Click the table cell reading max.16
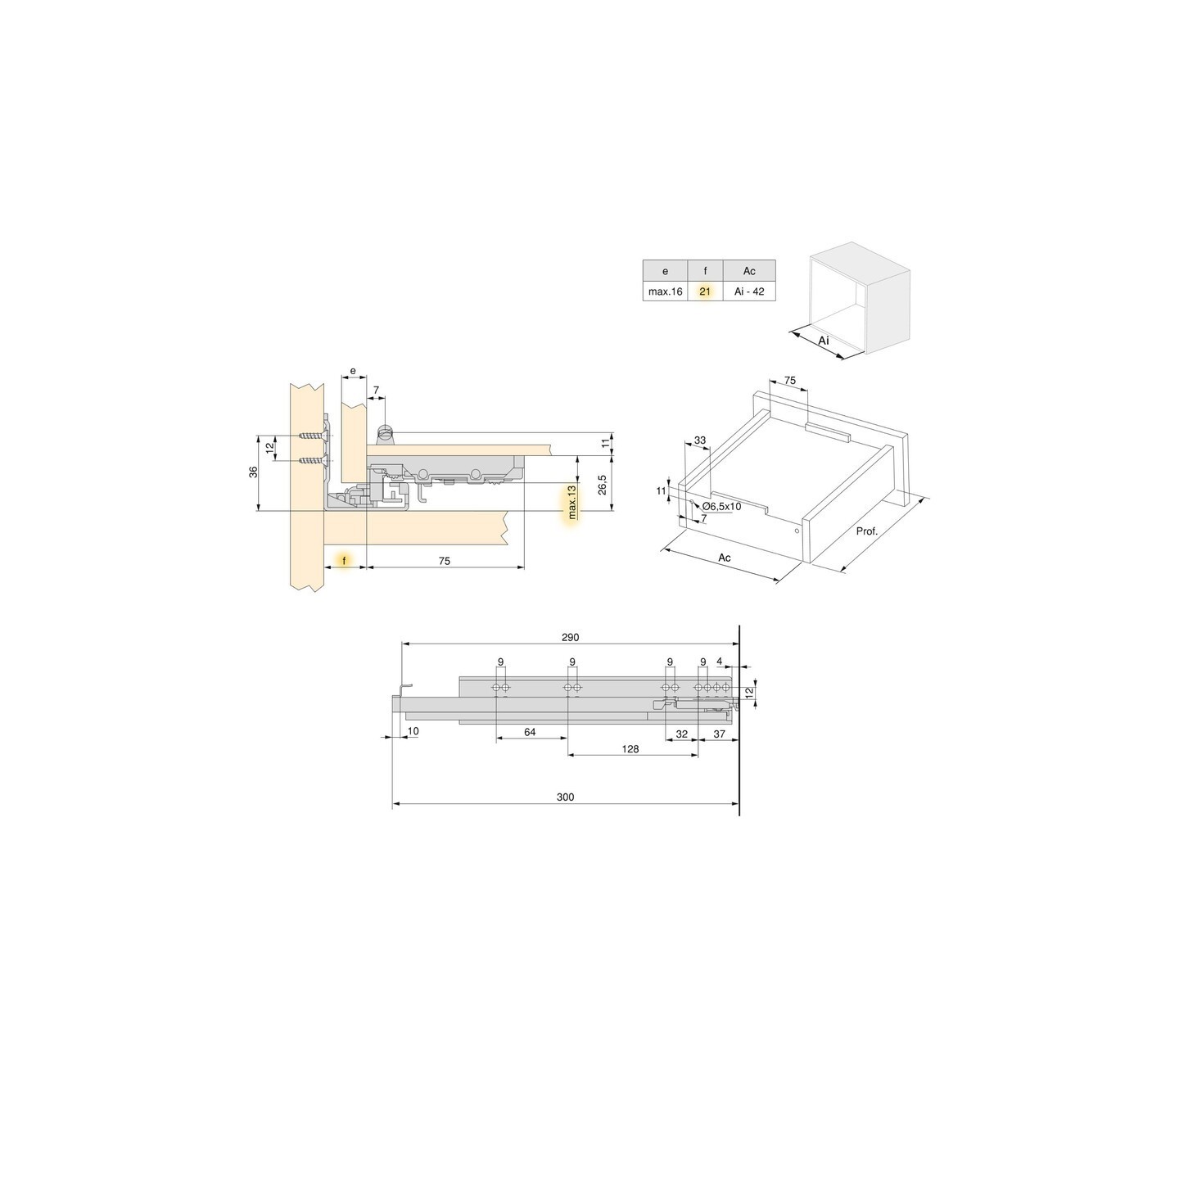point(665,291)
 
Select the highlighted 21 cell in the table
point(705,291)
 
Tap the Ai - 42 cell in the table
point(749,291)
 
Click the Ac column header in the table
point(749,271)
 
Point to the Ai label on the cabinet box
point(824,339)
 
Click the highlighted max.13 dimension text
point(572,502)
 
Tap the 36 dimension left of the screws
point(254,472)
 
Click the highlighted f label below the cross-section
point(345,561)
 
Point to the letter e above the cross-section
point(353,371)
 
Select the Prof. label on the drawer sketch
point(866,531)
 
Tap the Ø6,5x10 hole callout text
point(720,507)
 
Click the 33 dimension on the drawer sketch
point(699,440)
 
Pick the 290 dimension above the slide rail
point(570,637)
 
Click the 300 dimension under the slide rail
point(565,797)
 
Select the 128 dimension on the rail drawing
point(630,748)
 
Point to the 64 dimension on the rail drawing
point(529,732)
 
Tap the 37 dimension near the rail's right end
point(719,734)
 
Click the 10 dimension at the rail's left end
point(413,730)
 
